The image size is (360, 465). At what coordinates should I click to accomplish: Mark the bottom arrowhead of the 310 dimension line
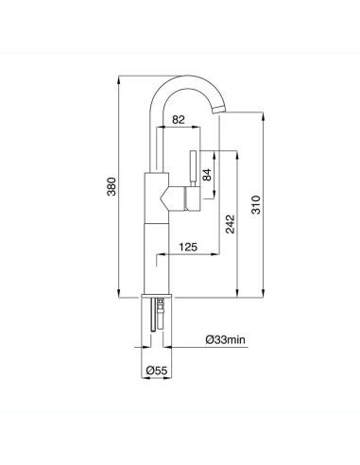coord(262,296)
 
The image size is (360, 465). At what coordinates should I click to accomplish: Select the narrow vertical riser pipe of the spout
coord(155,142)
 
